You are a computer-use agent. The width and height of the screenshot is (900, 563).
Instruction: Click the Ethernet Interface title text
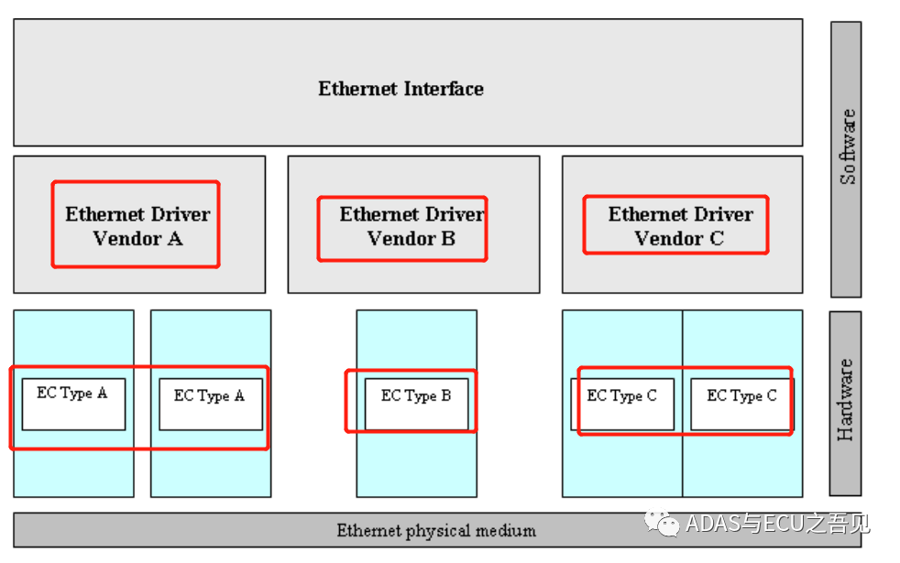[x=401, y=89]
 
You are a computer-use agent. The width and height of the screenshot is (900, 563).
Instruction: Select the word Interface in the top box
[x=444, y=89]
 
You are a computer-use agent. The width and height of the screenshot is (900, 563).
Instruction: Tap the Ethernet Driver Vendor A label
[x=137, y=226]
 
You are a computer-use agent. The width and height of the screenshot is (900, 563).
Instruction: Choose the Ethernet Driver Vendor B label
[x=412, y=226]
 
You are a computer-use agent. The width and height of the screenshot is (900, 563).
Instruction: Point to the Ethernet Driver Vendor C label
[x=680, y=226]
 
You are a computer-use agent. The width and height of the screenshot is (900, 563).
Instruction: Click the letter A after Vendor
[x=174, y=238]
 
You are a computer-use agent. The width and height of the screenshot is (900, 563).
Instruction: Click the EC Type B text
[x=416, y=396]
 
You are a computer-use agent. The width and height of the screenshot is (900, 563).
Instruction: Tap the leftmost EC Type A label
[x=72, y=394]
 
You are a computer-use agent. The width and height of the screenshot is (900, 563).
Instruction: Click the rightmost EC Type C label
[x=741, y=396]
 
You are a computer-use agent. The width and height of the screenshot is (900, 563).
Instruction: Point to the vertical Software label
[x=848, y=146]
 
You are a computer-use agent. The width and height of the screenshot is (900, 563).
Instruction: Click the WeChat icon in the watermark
[x=662, y=523]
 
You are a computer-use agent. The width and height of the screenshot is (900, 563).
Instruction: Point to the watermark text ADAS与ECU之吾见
[x=777, y=524]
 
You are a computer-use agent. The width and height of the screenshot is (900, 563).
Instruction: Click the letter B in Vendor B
[x=449, y=238]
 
